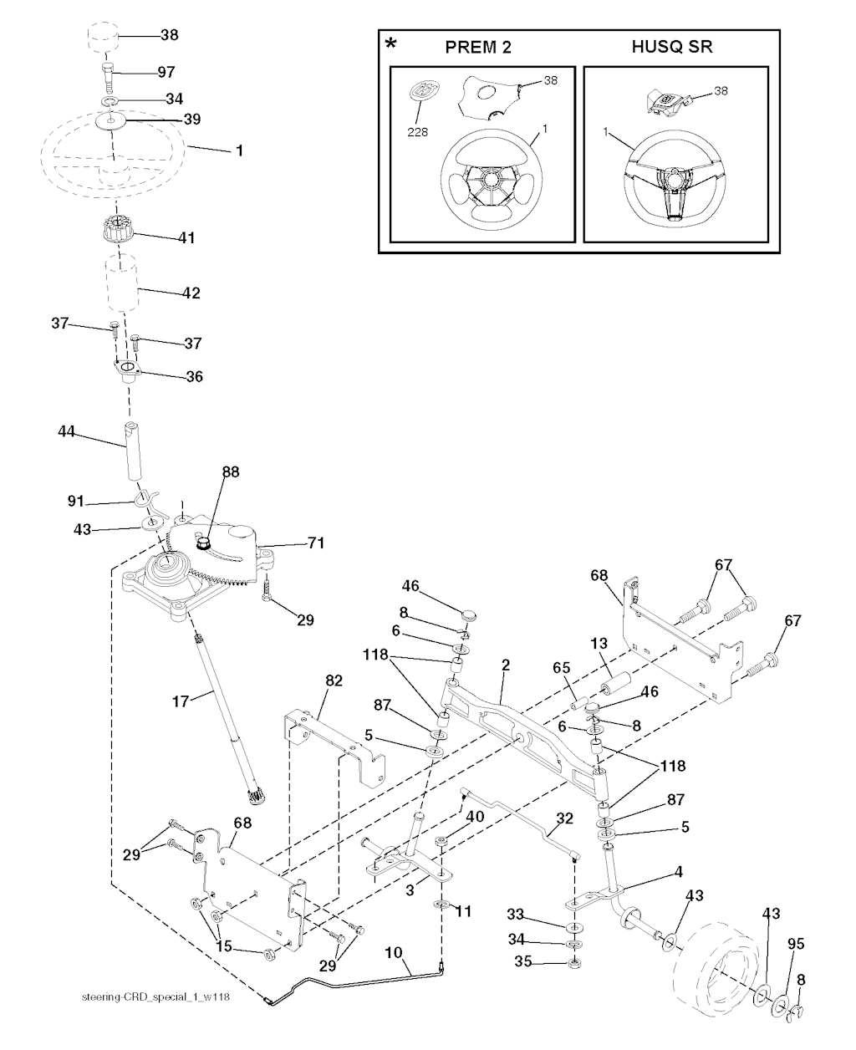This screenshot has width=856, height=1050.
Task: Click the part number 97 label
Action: (166, 74)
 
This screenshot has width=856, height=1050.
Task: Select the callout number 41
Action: (186, 238)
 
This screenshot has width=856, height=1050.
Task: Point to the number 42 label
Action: (191, 293)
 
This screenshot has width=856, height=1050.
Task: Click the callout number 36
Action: (193, 377)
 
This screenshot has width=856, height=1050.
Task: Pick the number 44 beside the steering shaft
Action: (67, 431)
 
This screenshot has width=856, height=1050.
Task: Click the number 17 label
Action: (181, 702)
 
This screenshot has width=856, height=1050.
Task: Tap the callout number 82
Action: (333, 682)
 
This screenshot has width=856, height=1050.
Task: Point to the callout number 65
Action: (561, 670)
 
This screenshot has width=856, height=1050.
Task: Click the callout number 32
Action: (565, 818)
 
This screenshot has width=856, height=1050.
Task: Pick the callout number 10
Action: (395, 951)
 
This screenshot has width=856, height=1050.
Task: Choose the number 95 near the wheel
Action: (797, 944)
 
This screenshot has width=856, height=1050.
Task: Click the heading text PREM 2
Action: (478, 48)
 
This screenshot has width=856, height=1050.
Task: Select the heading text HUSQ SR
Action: (672, 48)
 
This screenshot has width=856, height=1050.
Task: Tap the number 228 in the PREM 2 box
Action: (417, 132)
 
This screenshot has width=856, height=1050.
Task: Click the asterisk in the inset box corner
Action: (390, 43)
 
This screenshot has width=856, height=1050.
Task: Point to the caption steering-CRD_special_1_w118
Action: (156, 996)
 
